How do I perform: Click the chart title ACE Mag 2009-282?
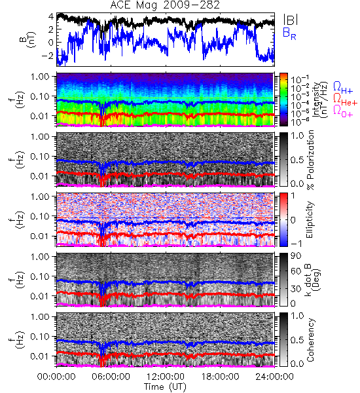(x=165, y=5)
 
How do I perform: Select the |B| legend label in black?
(x=290, y=20)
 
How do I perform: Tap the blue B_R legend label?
(x=289, y=33)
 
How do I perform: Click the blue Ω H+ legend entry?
(x=343, y=88)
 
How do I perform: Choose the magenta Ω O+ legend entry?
(x=343, y=111)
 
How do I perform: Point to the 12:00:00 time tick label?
(x=166, y=377)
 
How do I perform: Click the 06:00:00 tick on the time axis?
(x=111, y=377)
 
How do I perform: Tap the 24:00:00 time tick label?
(x=274, y=377)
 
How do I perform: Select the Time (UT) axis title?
(x=165, y=386)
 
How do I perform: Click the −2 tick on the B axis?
(x=47, y=56)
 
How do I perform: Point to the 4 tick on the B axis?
(x=51, y=17)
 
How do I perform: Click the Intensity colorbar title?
(x=320, y=100)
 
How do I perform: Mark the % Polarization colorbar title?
(x=311, y=160)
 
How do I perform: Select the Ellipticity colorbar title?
(x=310, y=219)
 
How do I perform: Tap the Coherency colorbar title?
(x=310, y=340)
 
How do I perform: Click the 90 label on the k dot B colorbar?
(x=296, y=256)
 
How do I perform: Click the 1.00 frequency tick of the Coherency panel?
(x=41, y=317)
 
